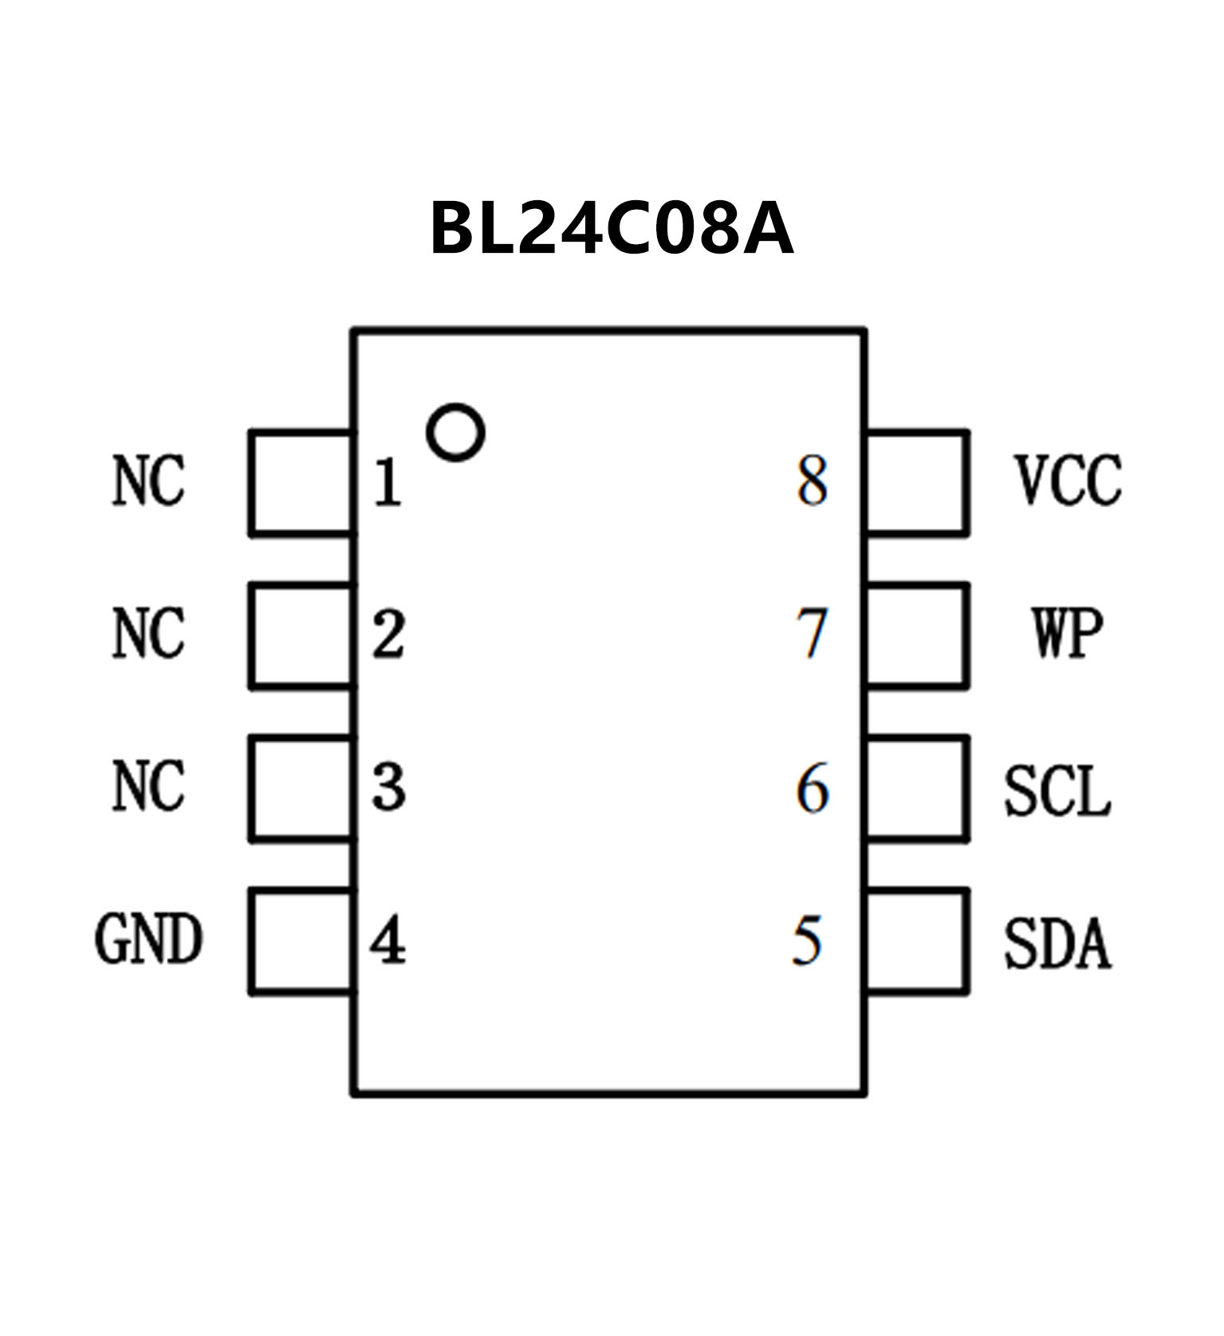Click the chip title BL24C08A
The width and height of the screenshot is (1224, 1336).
(612, 229)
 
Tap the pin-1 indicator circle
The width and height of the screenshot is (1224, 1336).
(455, 432)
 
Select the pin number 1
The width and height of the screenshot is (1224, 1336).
(388, 483)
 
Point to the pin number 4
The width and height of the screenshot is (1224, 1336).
(388, 940)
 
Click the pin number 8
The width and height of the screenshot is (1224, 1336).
(812, 481)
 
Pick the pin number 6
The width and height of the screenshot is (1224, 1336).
(812, 788)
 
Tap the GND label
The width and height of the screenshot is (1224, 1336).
(148, 939)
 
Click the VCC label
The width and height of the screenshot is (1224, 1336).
(1068, 480)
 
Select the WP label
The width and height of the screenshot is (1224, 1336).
(1068, 633)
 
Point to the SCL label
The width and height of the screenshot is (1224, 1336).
(1057, 791)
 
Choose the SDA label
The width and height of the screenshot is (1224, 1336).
(1057, 944)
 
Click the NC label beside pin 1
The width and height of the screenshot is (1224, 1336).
(148, 480)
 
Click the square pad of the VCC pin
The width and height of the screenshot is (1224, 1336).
(917, 483)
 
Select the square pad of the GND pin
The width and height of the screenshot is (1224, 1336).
(301, 941)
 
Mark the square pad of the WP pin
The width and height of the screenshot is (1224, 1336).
(917, 636)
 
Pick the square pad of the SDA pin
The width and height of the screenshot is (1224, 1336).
(917, 941)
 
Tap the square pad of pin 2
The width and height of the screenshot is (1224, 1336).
(301, 636)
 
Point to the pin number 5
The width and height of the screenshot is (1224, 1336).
(807, 940)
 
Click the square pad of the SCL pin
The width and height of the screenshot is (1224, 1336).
(917, 788)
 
